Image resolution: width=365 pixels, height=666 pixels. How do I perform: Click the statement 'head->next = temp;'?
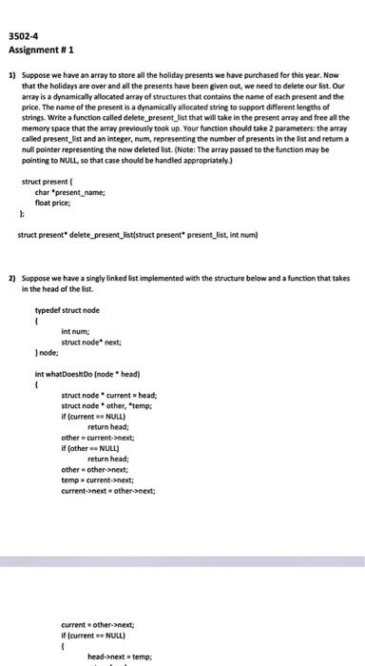119,656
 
